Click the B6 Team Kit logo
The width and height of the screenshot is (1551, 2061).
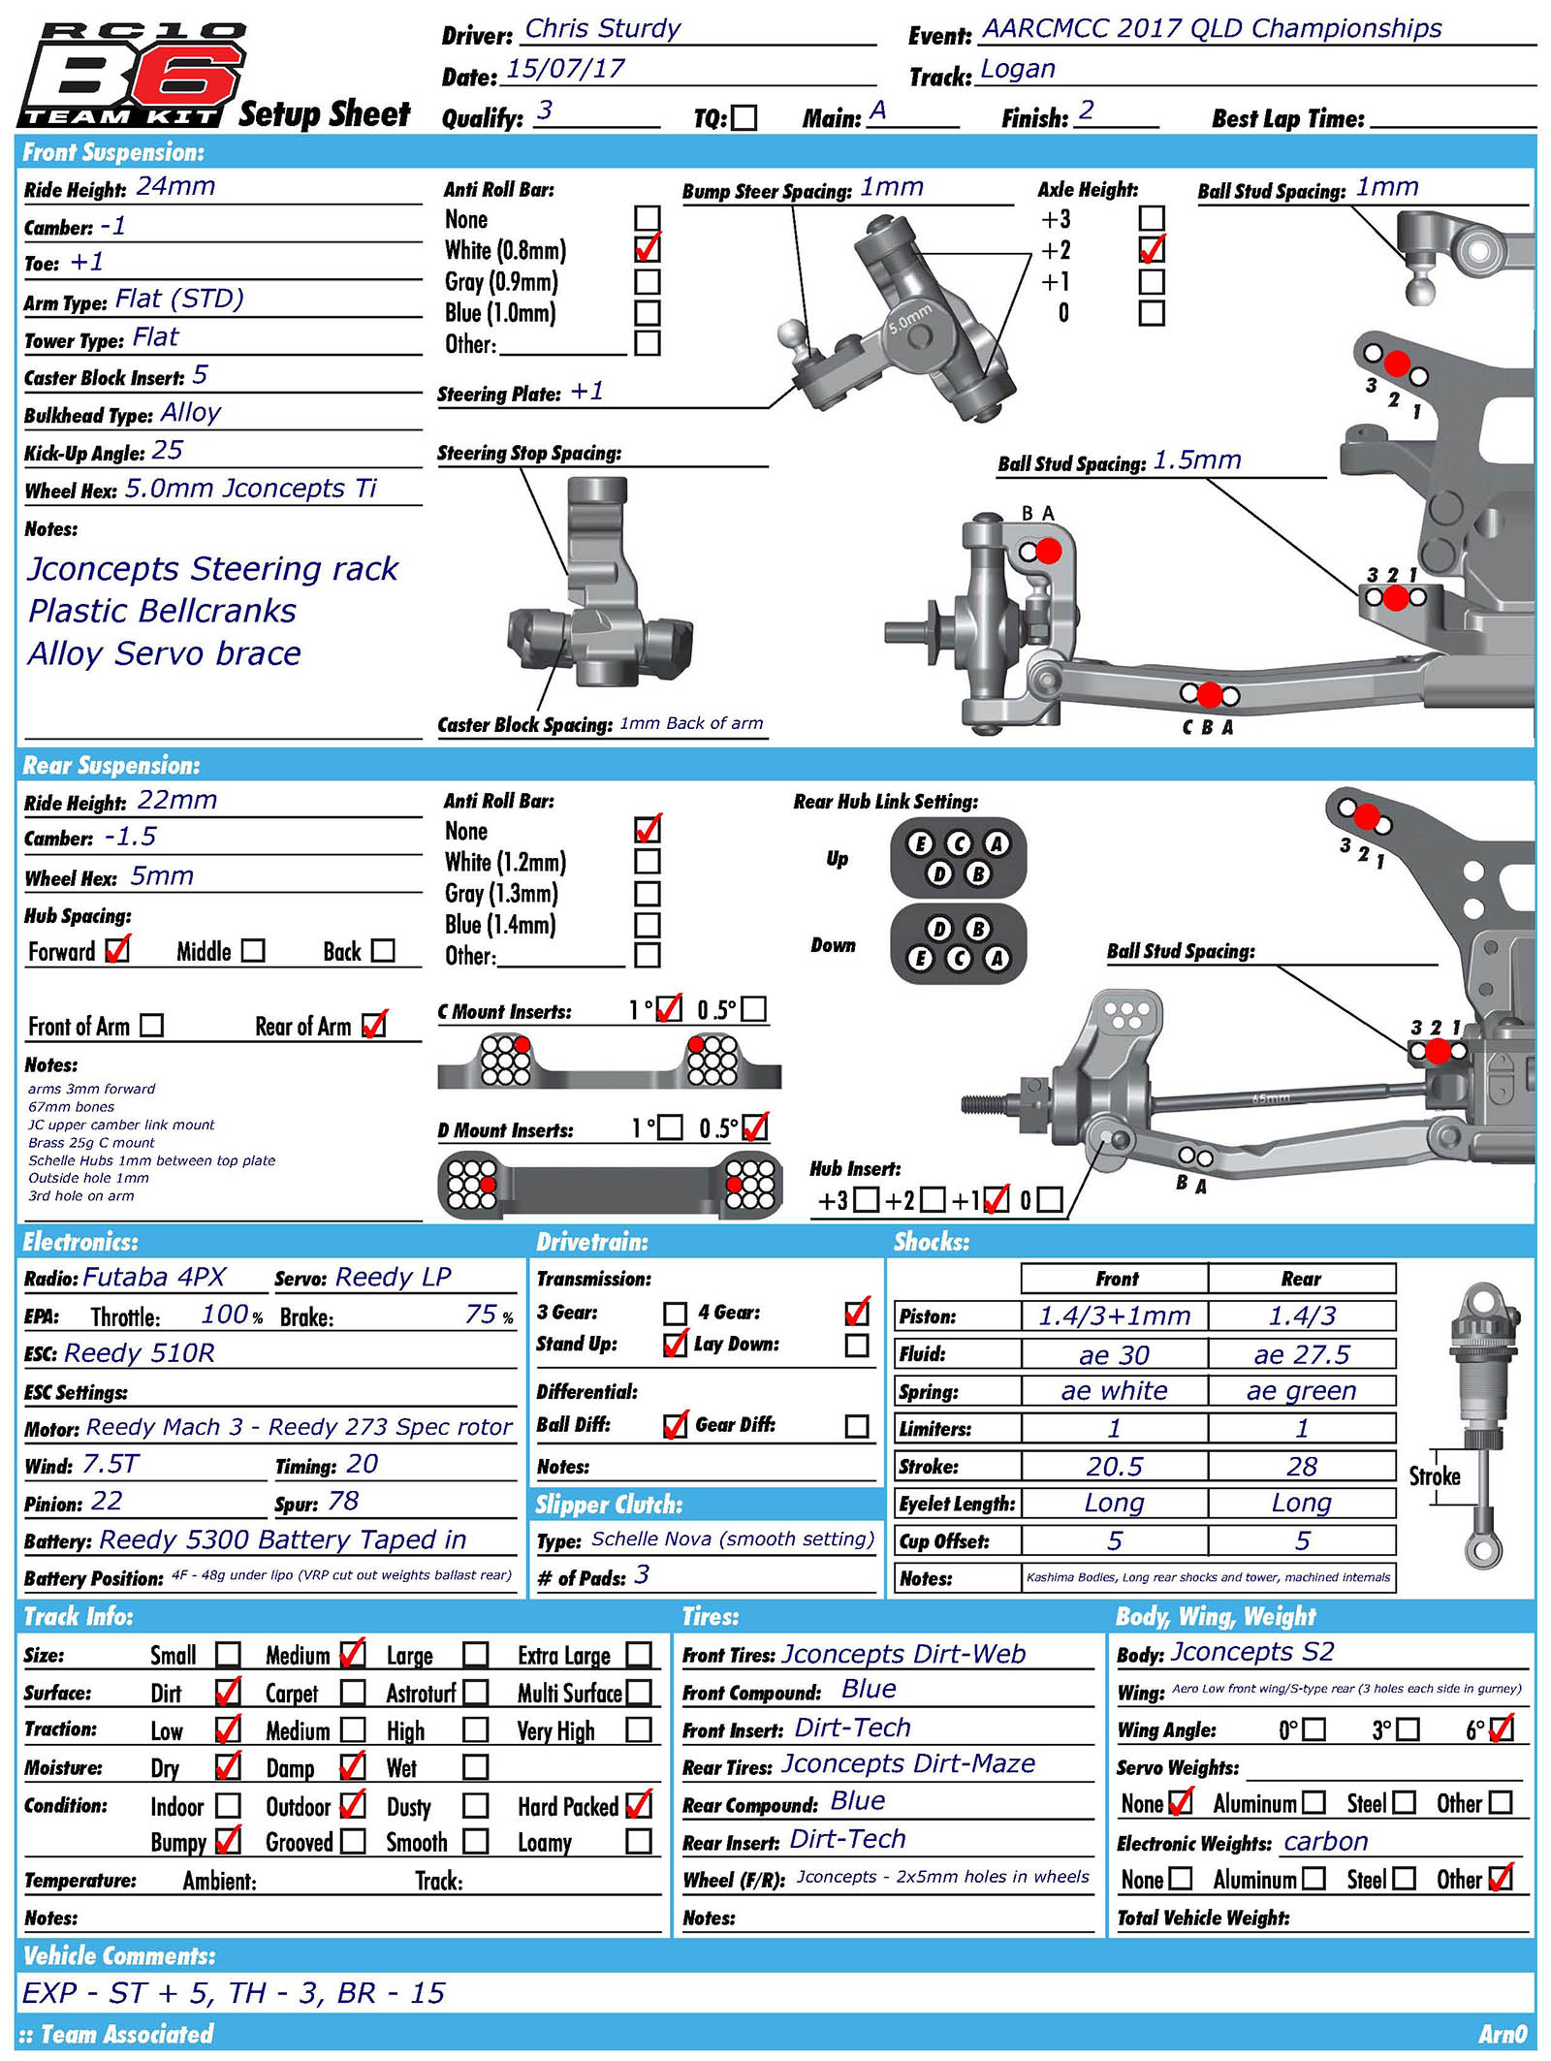click(x=131, y=76)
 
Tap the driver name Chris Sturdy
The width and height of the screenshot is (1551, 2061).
click(x=602, y=29)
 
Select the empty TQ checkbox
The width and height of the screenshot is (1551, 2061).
click(x=744, y=118)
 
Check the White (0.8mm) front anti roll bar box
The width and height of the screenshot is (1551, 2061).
click(x=647, y=249)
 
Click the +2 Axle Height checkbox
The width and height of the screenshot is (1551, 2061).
click(x=1152, y=250)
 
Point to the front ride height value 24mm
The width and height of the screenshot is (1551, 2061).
click(x=175, y=187)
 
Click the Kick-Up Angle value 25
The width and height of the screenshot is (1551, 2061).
click(x=168, y=451)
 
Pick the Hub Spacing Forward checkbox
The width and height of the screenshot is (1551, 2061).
click(x=117, y=950)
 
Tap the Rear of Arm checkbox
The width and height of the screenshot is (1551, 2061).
click(x=373, y=1026)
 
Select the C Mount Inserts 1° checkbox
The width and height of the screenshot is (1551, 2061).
click(x=669, y=1010)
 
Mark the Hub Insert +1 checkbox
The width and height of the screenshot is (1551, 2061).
click(x=996, y=1200)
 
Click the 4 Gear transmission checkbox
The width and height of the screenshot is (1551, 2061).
click(x=857, y=1313)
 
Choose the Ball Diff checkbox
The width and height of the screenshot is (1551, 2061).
click(x=676, y=1426)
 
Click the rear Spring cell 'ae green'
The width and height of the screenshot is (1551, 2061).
click(x=1301, y=1391)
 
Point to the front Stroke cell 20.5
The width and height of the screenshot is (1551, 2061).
click(x=1114, y=1467)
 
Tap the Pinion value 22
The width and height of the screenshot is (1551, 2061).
click(x=107, y=1502)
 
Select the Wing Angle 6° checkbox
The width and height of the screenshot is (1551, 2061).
click(x=1502, y=1728)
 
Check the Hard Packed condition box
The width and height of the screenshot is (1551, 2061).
click(x=639, y=1805)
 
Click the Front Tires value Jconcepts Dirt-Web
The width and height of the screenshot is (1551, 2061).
click(x=902, y=1655)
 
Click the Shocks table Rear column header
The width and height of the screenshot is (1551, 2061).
click(x=1301, y=1279)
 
